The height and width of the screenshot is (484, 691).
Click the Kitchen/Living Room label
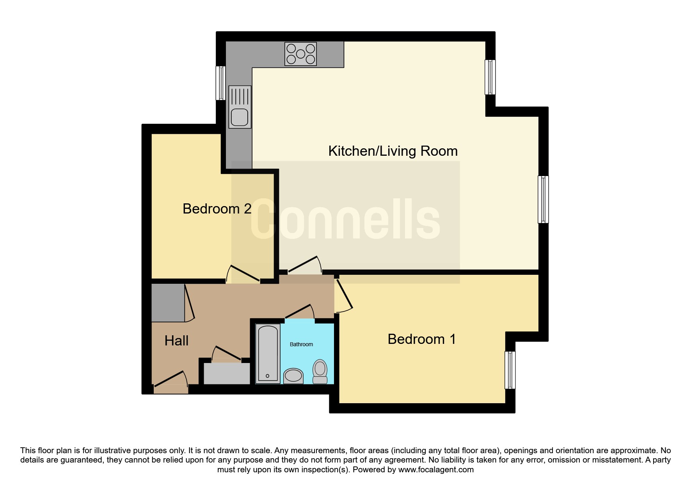393,151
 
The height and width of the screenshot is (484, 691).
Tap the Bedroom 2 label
217,209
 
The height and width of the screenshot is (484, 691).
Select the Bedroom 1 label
422,339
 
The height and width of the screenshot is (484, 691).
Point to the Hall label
176,341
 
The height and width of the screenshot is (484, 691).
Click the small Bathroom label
301,344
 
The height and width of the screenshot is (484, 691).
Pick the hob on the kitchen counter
300,54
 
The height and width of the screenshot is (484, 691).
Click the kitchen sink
240,107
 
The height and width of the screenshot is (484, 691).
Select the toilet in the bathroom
320,371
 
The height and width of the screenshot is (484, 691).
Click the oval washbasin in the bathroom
293,376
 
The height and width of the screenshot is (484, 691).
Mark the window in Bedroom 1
510,370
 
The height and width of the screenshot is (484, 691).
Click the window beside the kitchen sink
221,83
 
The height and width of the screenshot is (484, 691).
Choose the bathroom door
300,312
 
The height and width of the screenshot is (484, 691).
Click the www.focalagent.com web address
436,470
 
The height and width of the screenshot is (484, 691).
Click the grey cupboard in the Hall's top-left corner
168,303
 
